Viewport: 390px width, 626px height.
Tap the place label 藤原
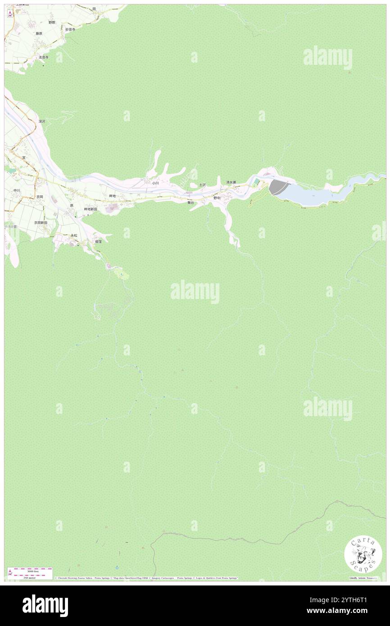(x=39, y=33)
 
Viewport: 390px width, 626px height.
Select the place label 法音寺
(x=43, y=58)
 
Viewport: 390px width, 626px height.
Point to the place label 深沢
(x=42, y=121)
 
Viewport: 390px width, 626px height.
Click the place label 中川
(x=17, y=191)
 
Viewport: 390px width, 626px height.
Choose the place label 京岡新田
(x=41, y=222)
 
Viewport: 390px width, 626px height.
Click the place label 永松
(x=74, y=235)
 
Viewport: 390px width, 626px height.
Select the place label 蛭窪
(x=98, y=241)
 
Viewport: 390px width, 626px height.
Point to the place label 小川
(x=155, y=183)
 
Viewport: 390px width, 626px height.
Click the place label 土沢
(x=203, y=185)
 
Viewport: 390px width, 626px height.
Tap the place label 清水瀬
(x=231, y=182)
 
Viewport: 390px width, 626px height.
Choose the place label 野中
(x=217, y=198)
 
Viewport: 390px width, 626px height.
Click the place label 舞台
(x=190, y=203)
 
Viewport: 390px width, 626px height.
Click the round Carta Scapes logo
(x=363, y=555)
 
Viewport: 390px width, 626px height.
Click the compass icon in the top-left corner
(x=10, y=14)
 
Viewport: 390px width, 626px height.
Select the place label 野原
(x=52, y=23)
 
